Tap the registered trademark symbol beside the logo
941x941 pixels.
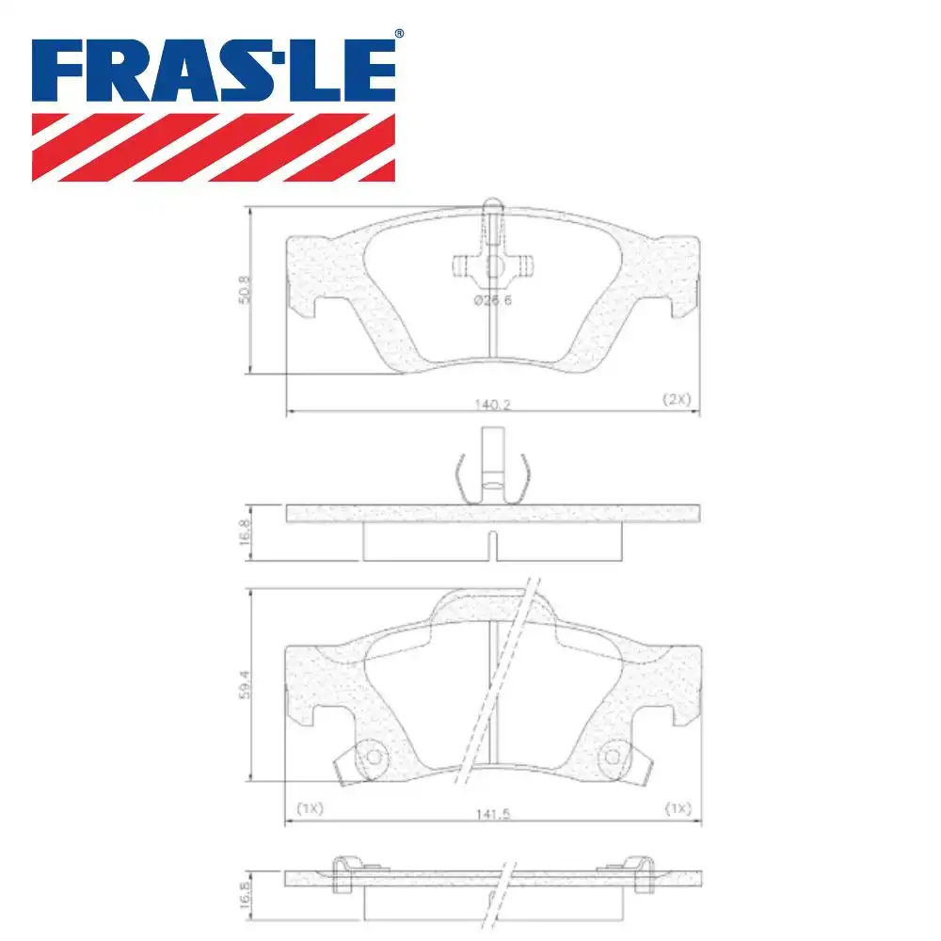[399, 33]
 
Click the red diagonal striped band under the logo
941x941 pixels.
[214, 147]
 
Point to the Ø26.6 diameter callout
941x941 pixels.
[492, 299]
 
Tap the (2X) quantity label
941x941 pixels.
[676, 399]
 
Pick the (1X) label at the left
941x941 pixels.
[310, 808]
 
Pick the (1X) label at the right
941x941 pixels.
[678, 808]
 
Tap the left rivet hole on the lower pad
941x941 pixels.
[373, 757]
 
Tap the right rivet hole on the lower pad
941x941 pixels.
[614, 757]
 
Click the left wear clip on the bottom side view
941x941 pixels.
[346, 871]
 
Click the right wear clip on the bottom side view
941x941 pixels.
[641, 871]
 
